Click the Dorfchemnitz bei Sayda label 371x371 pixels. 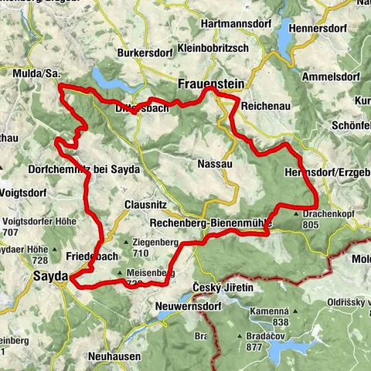point(83,168)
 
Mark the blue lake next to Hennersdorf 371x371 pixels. point(286,36)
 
